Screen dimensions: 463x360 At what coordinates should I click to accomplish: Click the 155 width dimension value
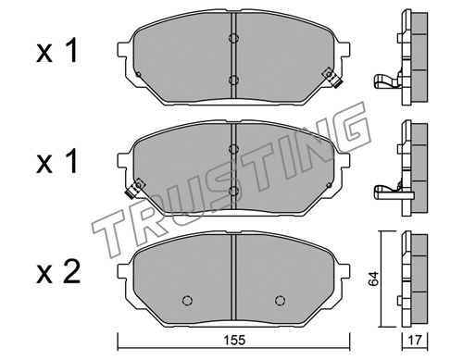(235, 341)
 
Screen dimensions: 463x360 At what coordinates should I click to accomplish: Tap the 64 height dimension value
(374, 279)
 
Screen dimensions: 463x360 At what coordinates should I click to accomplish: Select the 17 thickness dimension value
(415, 341)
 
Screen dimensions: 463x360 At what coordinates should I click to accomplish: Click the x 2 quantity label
(58, 272)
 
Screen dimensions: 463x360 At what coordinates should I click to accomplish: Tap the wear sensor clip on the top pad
(332, 78)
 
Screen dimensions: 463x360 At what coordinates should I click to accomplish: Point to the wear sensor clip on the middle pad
(135, 188)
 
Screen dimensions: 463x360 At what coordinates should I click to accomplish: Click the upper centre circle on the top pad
(233, 38)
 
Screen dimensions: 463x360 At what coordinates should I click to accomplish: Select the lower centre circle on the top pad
(233, 80)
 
